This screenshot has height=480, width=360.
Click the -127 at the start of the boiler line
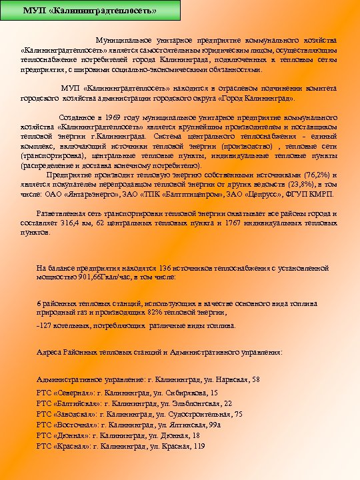click(x=45, y=326)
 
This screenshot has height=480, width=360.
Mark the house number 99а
click(x=214, y=425)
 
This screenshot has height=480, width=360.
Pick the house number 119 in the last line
click(x=198, y=446)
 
